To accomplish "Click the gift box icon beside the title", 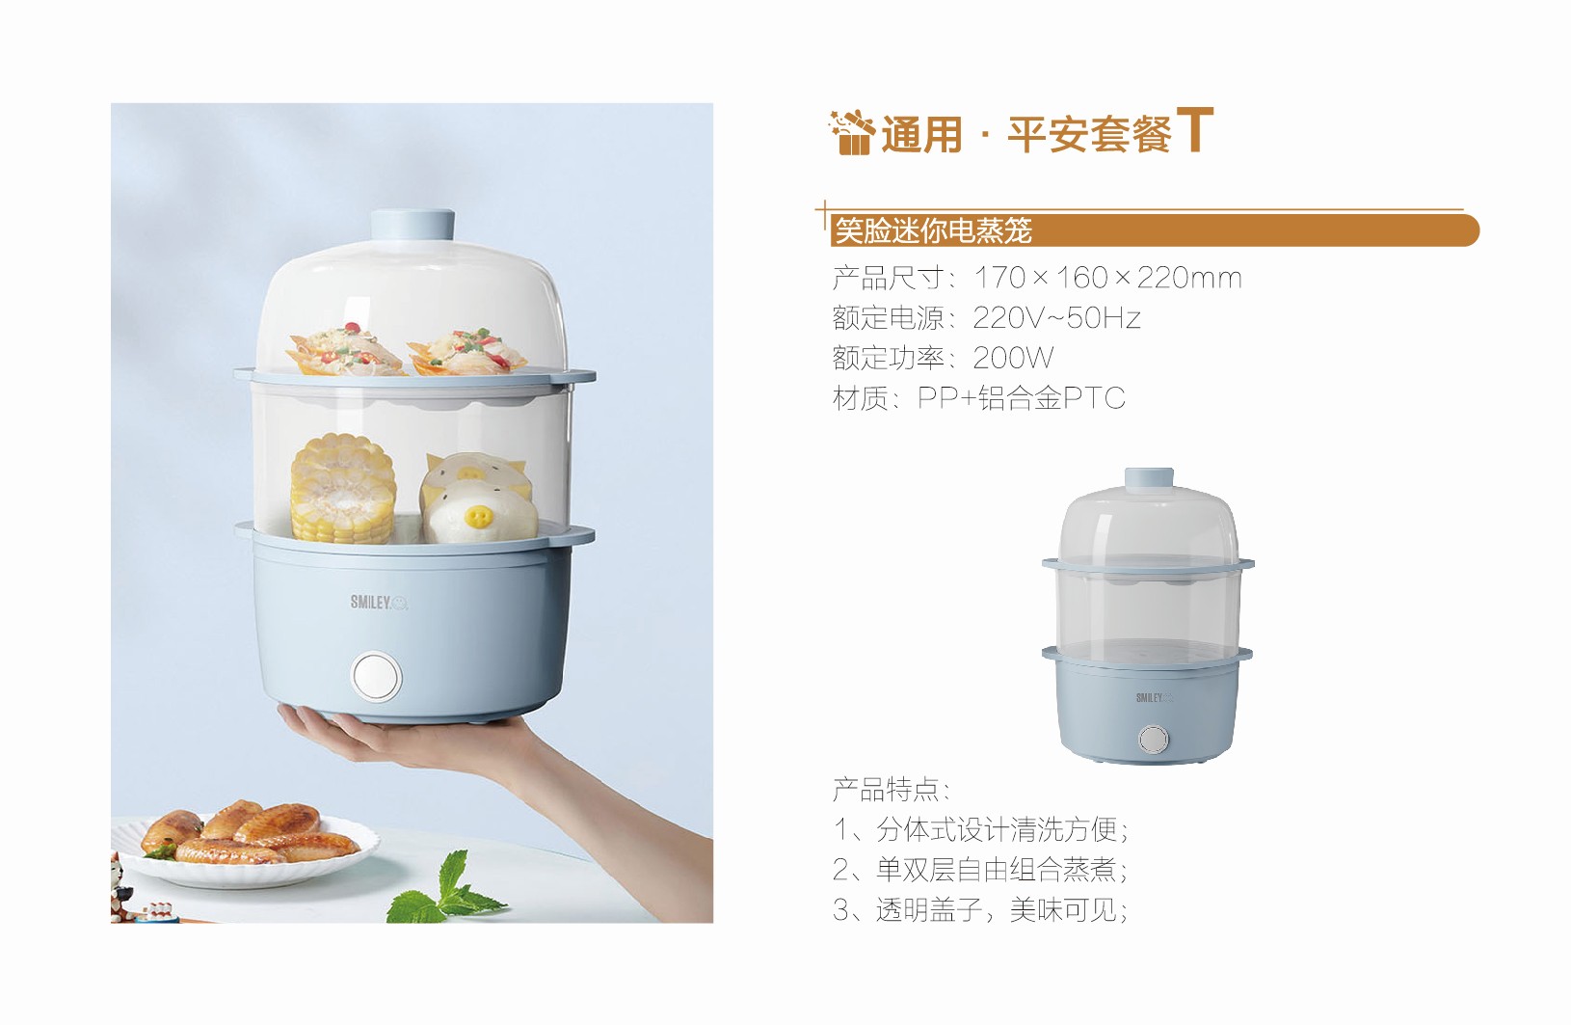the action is point(852,132).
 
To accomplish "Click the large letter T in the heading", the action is point(1195,129).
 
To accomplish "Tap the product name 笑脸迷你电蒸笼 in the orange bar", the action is point(933,230).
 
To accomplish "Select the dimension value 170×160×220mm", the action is point(1107,278).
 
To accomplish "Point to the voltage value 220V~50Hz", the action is point(1056,318).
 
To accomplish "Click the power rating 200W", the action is point(1013,358).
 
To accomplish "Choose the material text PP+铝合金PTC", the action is point(1022,398).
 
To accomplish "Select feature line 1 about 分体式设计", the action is point(980,829).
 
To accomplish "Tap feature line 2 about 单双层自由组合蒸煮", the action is point(980,870).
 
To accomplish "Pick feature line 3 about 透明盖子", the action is point(980,910).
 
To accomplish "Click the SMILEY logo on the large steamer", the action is point(379,602).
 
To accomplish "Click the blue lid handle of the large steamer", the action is point(413,226).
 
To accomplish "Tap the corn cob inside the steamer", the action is point(342,488).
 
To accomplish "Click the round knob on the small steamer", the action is point(1153,739).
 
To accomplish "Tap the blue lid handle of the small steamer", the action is point(1149,477).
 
